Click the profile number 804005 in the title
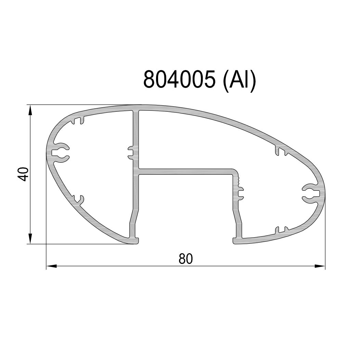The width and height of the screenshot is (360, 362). (x=180, y=80)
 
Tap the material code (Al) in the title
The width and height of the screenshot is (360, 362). (x=239, y=80)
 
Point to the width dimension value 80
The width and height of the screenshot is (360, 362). (x=186, y=259)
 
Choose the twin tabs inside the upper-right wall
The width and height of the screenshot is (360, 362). (x=281, y=151)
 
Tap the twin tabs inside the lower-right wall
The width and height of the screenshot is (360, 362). (x=281, y=230)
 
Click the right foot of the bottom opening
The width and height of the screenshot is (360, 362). (x=237, y=241)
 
